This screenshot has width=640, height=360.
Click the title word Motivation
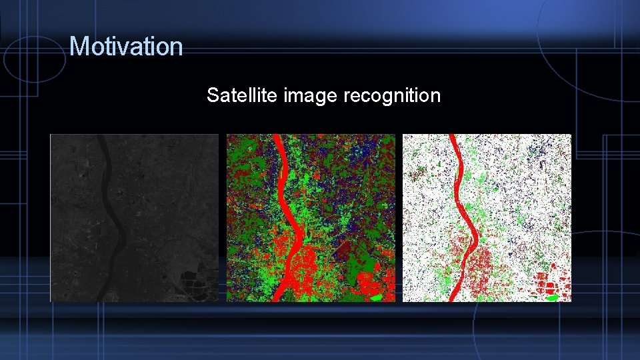(x=126, y=47)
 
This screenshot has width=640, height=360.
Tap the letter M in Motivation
(x=77, y=47)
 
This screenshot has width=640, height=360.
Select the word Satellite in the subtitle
(x=242, y=95)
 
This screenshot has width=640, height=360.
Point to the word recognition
(x=392, y=96)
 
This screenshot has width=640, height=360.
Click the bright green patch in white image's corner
(x=551, y=297)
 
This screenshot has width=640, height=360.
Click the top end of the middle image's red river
(x=277, y=138)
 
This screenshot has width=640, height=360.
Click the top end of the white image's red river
(x=453, y=138)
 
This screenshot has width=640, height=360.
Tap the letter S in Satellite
(x=213, y=95)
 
